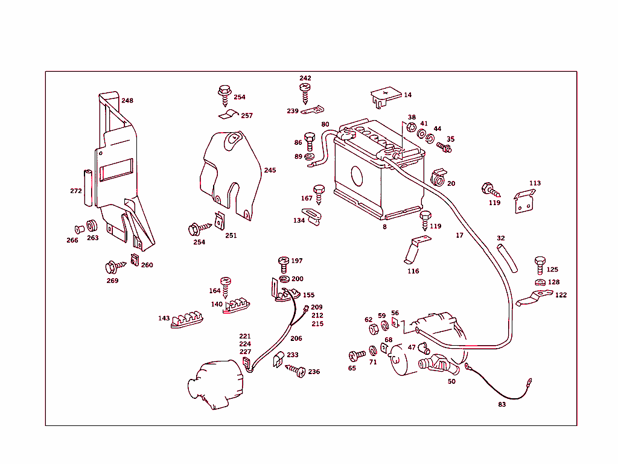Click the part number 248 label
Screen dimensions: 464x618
point(127,101)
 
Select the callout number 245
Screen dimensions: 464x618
point(269,170)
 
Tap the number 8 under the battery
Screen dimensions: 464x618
point(384,227)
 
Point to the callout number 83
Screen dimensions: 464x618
point(502,404)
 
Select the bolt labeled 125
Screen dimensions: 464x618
point(540,264)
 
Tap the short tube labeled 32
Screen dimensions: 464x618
point(506,258)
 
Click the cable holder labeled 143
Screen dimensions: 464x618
point(187,320)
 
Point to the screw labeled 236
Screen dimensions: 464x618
point(298,371)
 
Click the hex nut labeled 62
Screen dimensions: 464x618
point(373,329)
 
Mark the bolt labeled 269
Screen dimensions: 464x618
point(113,266)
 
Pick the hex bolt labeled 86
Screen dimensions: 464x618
point(310,142)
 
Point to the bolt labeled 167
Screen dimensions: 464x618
point(319,193)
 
